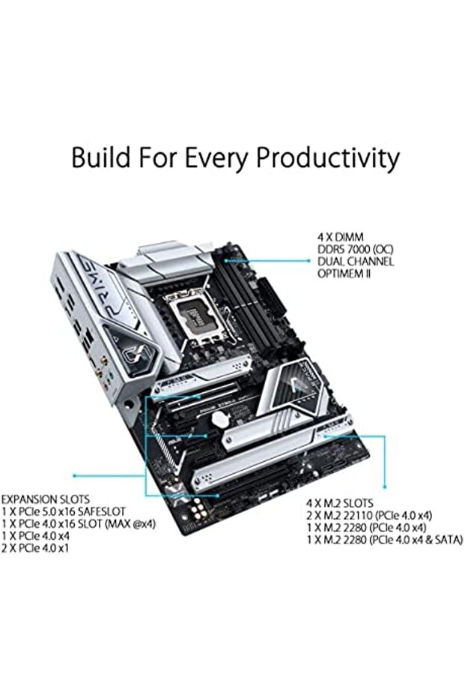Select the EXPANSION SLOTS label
(x=45, y=499)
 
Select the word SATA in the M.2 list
(x=445, y=540)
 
